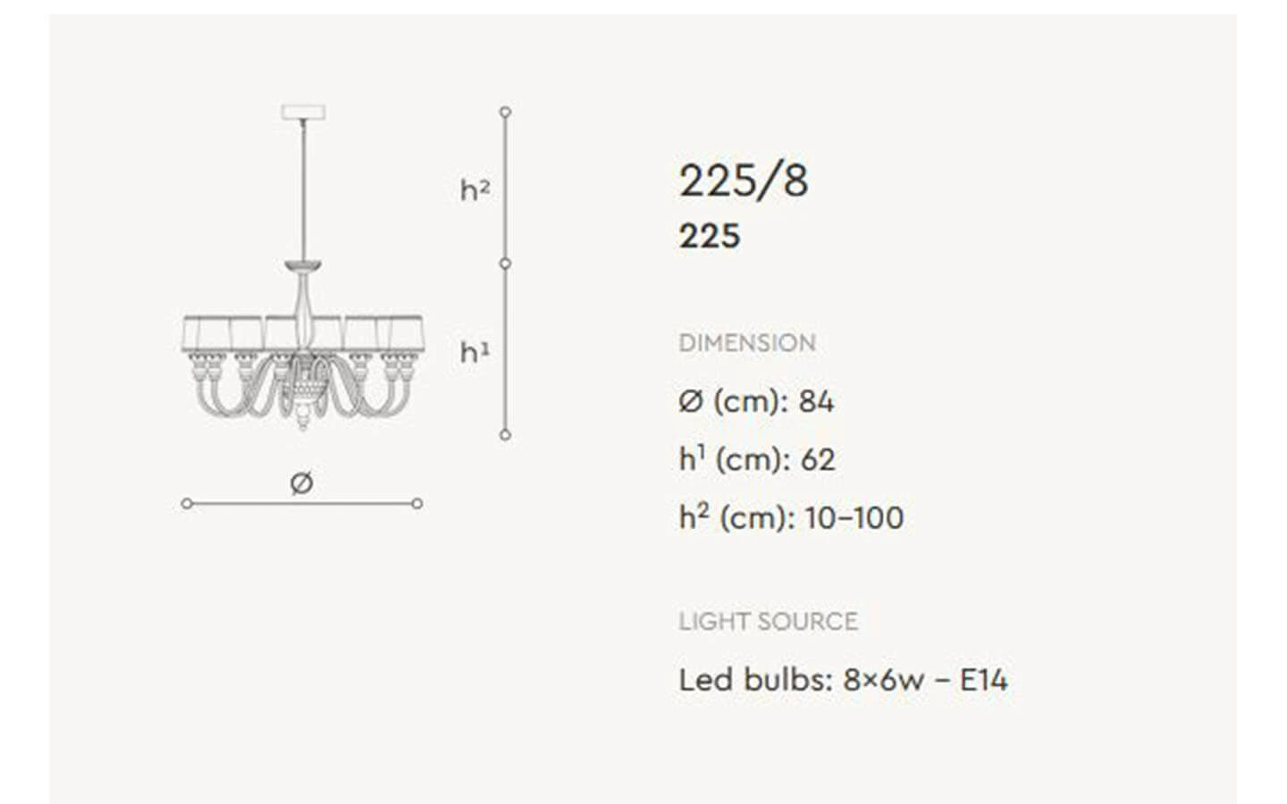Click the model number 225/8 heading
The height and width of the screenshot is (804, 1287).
(744, 181)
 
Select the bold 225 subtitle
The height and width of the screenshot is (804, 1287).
(710, 236)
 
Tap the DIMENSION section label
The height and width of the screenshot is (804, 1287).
(747, 343)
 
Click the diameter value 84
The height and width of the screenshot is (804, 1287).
(816, 401)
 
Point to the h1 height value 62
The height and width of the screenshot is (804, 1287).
(818, 459)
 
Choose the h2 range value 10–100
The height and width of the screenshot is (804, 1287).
(854, 518)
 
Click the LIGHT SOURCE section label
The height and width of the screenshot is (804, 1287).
(769, 622)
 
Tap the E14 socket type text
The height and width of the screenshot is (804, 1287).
(984, 680)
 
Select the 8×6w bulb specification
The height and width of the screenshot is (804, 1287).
(884, 680)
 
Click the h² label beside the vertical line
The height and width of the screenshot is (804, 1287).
(475, 190)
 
